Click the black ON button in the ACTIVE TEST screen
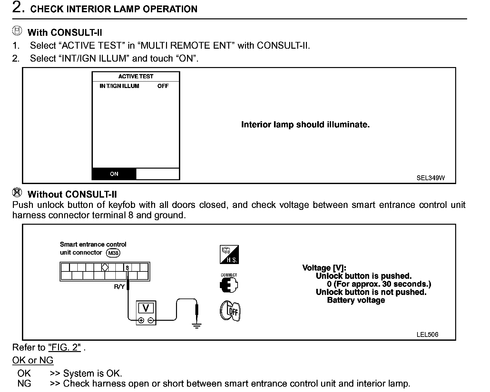pyautogui.click(x=114, y=174)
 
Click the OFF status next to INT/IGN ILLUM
pyautogui.click(x=163, y=86)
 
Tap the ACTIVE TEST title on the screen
pyautogui.click(x=136, y=76)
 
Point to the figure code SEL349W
pyautogui.click(x=430, y=178)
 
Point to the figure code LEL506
pyautogui.click(x=427, y=335)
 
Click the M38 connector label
pyautogui.click(x=113, y=253)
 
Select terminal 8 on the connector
pyautogui.click(x=127, y=268)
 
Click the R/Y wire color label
pyautogui.click(x=119, y=287)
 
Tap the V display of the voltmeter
pyautogui.click(x=146, y=309)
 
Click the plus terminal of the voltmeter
pyautogui.click(x=141, y=320)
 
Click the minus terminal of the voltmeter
pyautogui.click(x=151, y=320)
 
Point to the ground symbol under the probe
pyautogui.click(x=197, y=326)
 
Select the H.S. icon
pyautogui.click(x=229, y=255)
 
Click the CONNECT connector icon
pyautogui.click(x=229, y=284)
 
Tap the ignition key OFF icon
pyautogui.click(x=230, y=311)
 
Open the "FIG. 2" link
pyautogui.click(x=64, y=348)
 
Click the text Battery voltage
pyautogui.click(x=356, y=300)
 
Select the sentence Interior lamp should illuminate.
pyautogui.click(x=305, y=125)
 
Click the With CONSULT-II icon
pyautogui.click(x=17, y=31)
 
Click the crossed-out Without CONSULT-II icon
pyautogui.click(x=17, y=192)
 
